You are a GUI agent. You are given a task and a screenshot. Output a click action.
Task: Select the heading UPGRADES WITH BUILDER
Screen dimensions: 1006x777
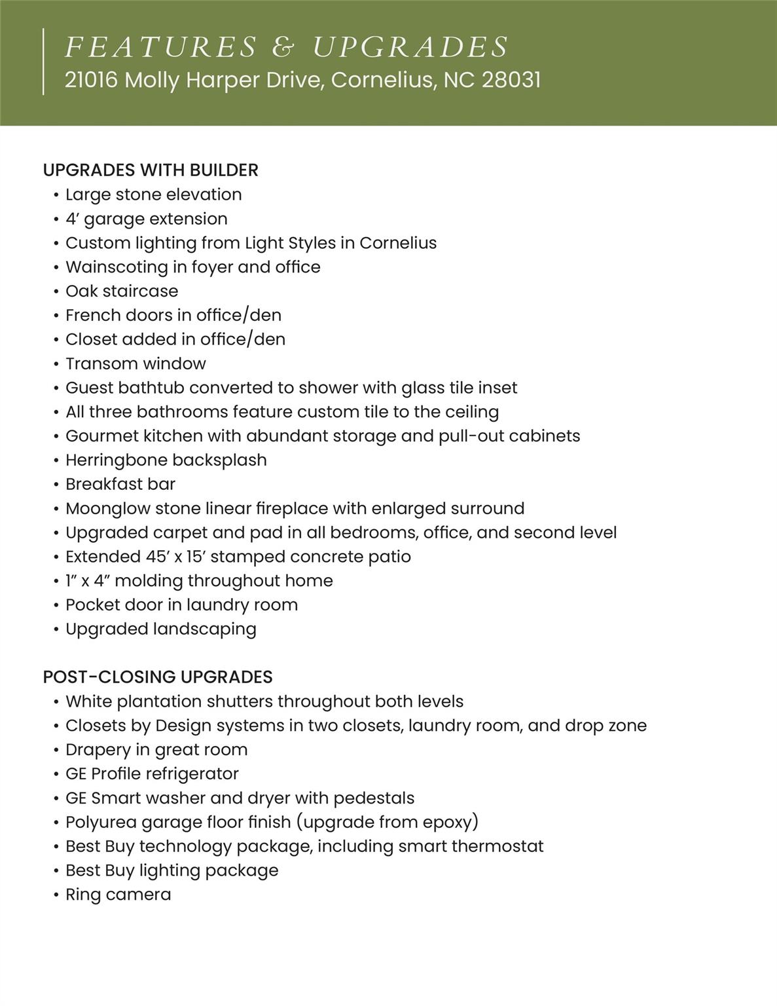point(151,170)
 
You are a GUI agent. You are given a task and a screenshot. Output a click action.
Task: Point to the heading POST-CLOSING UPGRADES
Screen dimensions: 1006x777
point(158,677)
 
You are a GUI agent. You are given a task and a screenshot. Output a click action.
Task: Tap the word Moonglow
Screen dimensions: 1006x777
point(107,508)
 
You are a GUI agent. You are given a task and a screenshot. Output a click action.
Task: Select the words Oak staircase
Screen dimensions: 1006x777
point(122,291)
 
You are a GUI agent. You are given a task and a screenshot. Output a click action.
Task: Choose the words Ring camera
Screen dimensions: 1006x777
point(118,895)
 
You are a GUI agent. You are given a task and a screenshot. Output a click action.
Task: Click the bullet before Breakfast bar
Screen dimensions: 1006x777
point(57,485)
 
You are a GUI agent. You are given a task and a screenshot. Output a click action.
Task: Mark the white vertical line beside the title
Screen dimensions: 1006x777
point(44,62)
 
